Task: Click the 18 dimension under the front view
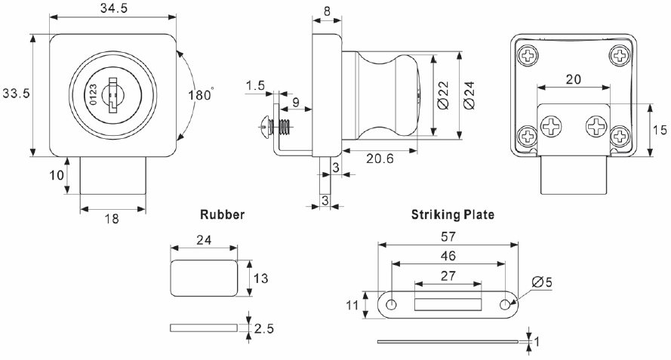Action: pos(112,220)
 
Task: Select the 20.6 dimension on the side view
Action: pos(380,159)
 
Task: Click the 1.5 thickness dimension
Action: pos(254,87)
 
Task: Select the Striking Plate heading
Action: pos(452,215)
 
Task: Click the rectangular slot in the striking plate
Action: pos(448,303)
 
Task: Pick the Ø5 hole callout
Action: pos(541,282)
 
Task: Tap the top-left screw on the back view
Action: pos(527,54)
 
